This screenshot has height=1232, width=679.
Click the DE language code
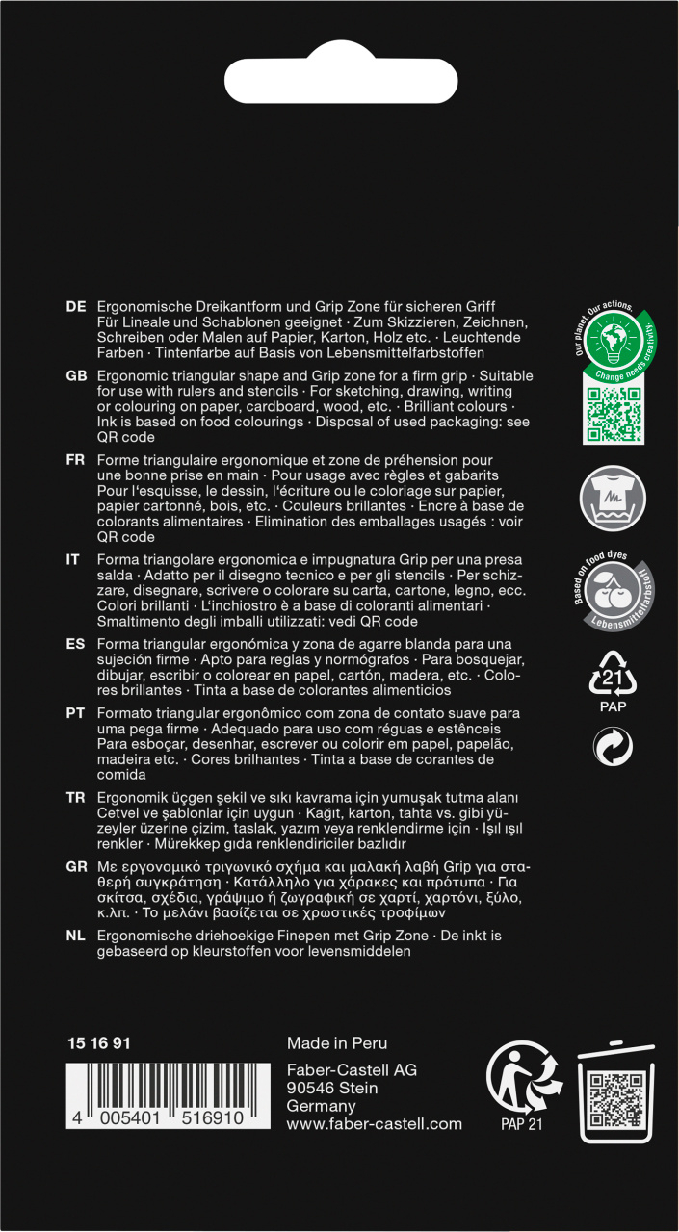[x=76, y=306]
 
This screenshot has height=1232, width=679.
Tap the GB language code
[x=76, y=375]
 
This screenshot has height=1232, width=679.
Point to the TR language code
[x=76, y=798]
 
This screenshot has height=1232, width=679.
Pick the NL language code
[x=76, y=936]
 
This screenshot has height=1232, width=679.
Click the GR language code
[x=76, y=866]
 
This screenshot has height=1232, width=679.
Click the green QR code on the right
[x=613, y=408]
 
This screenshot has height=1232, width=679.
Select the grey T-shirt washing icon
[x=614, y=499]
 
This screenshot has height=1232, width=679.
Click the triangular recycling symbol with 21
[x=614, y=674]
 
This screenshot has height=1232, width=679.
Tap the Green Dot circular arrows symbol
[x=613, y=747]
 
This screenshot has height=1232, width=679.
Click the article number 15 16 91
[x=99, y=1043]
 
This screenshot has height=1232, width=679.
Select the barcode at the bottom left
[x=154, y=1096]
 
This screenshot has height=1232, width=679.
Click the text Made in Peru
[x=337, y=1043]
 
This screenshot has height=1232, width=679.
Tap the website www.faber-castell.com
[x=375, y=1123]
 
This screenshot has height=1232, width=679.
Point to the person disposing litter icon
[x=523, y=1077]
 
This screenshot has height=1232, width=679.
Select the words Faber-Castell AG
[x=352, y=1070]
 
